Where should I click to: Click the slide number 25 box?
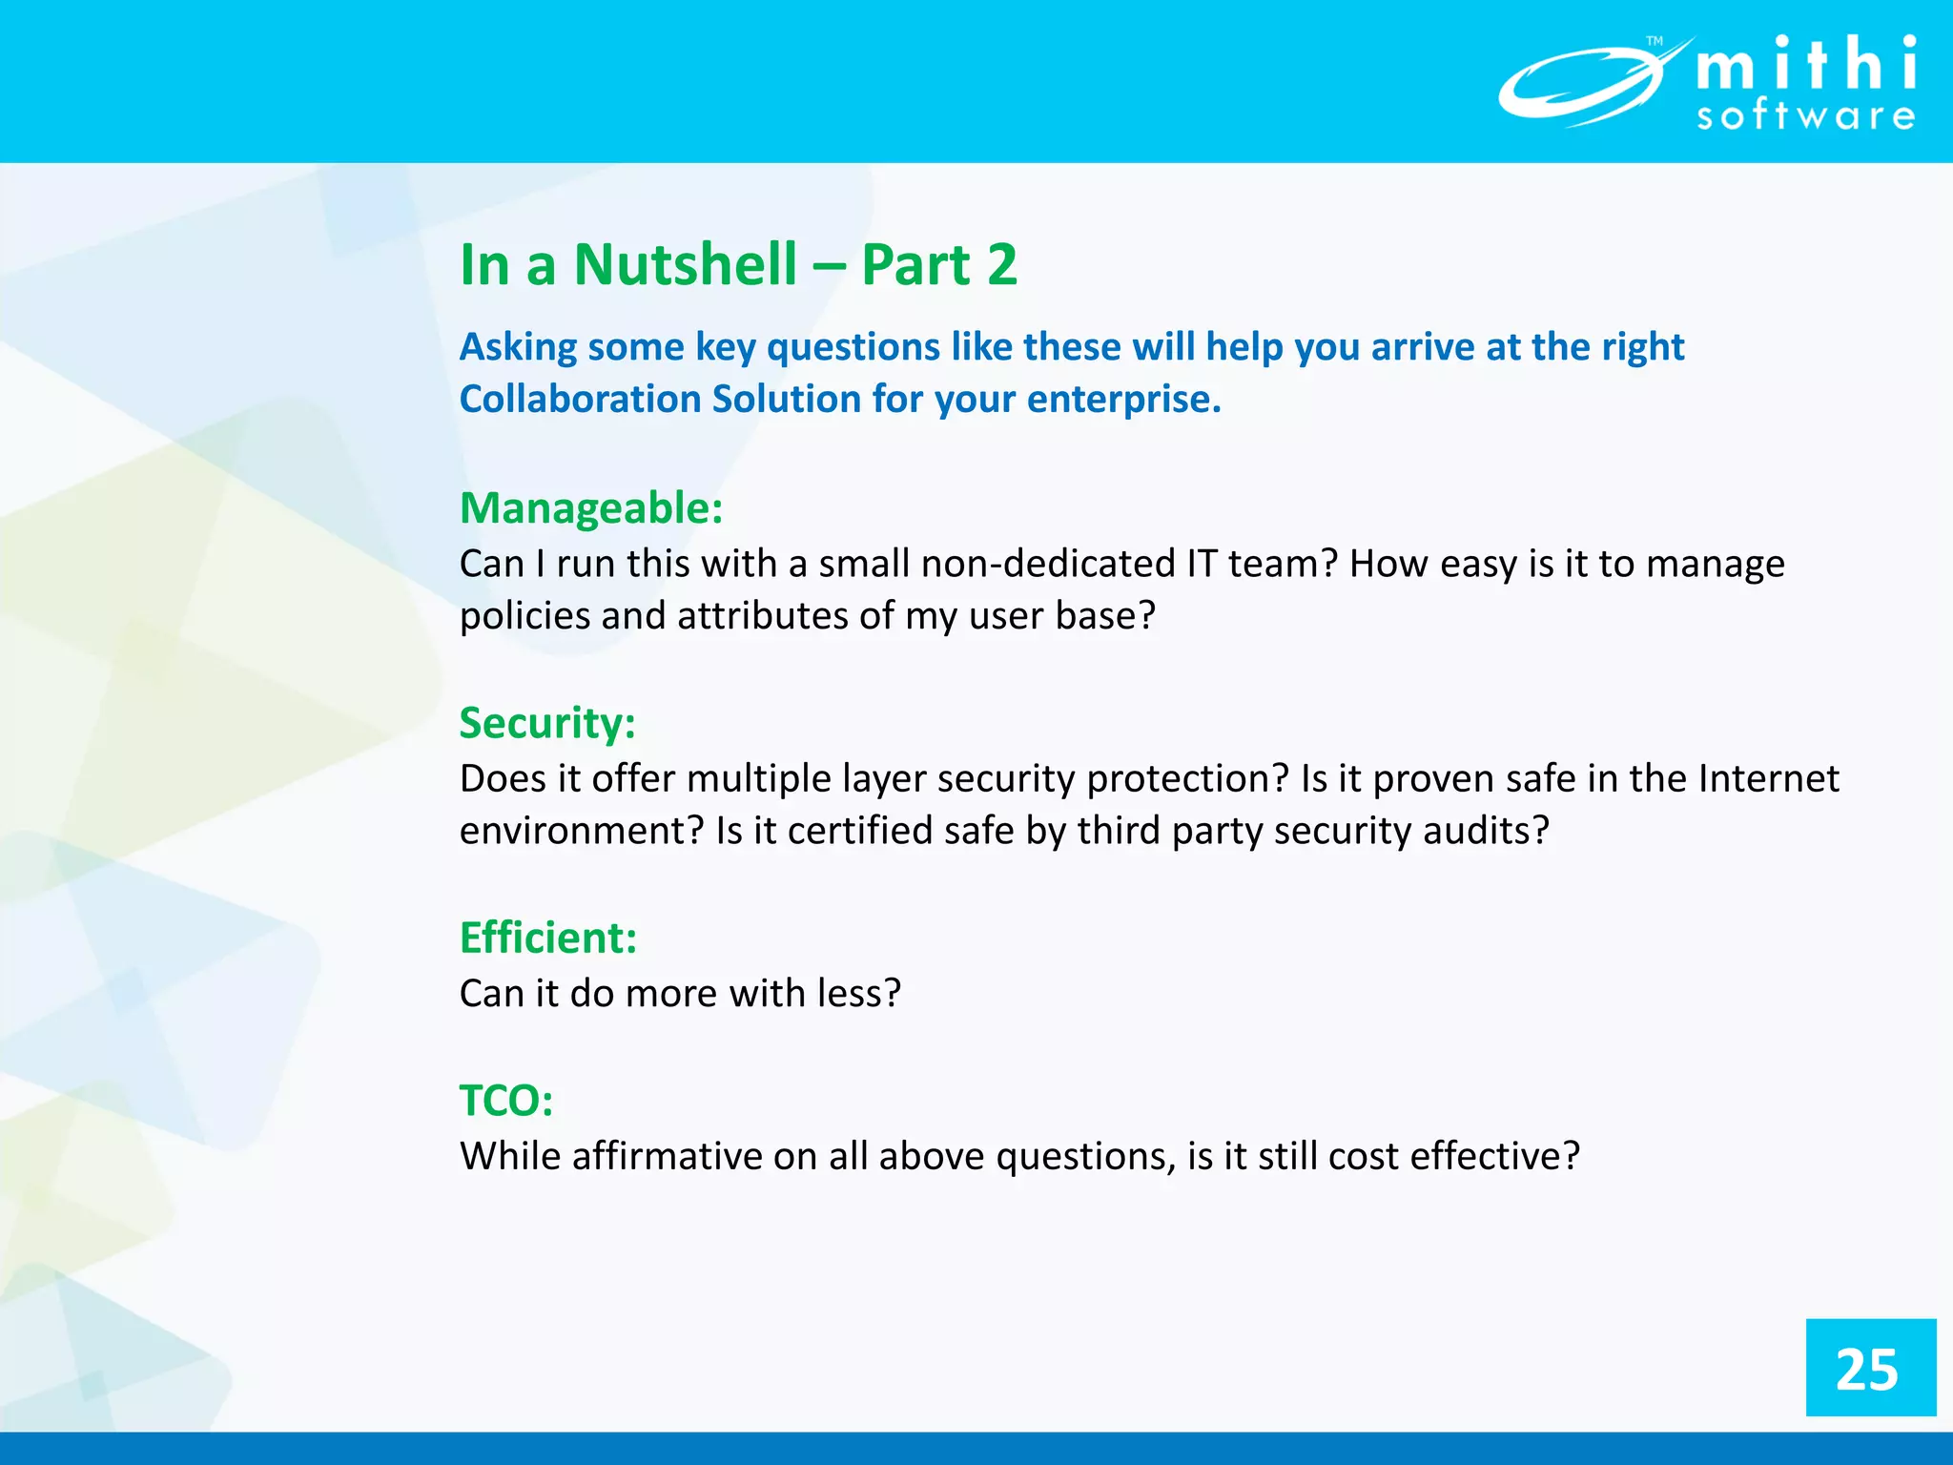[1870, 1367]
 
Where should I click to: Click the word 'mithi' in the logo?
[1806, 65]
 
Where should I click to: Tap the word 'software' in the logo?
[1806, 116]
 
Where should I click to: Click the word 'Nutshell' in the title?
[685, 264]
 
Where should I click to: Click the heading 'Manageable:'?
[591, 507]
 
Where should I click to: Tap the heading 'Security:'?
[547, 723]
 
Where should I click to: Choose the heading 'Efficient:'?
[548, 938]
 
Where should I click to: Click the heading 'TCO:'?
[506, 1101]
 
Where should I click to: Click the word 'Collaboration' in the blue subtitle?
[580, 399]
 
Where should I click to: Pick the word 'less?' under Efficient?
[858, 994]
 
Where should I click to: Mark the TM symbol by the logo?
[1655, 41]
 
